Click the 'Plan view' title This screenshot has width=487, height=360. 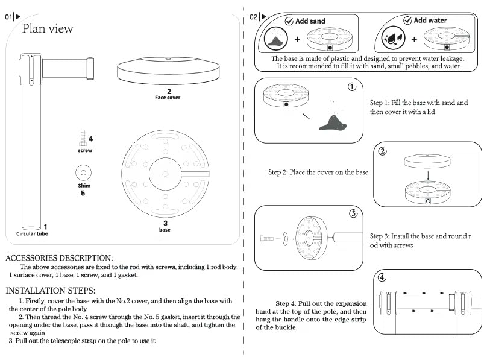[48, 28]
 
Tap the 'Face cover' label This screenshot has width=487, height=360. [167, 97]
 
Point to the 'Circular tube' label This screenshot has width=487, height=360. [32, 233]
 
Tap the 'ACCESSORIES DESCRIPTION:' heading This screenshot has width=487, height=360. [59, 258]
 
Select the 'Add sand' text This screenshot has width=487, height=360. [310, 21]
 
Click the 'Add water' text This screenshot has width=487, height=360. [430, 21]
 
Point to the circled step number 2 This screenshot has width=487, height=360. [382, 151]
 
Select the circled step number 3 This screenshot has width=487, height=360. [354, 213]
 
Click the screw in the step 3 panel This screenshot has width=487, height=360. [267, 239]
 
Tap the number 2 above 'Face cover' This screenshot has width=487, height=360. [169, 91]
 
